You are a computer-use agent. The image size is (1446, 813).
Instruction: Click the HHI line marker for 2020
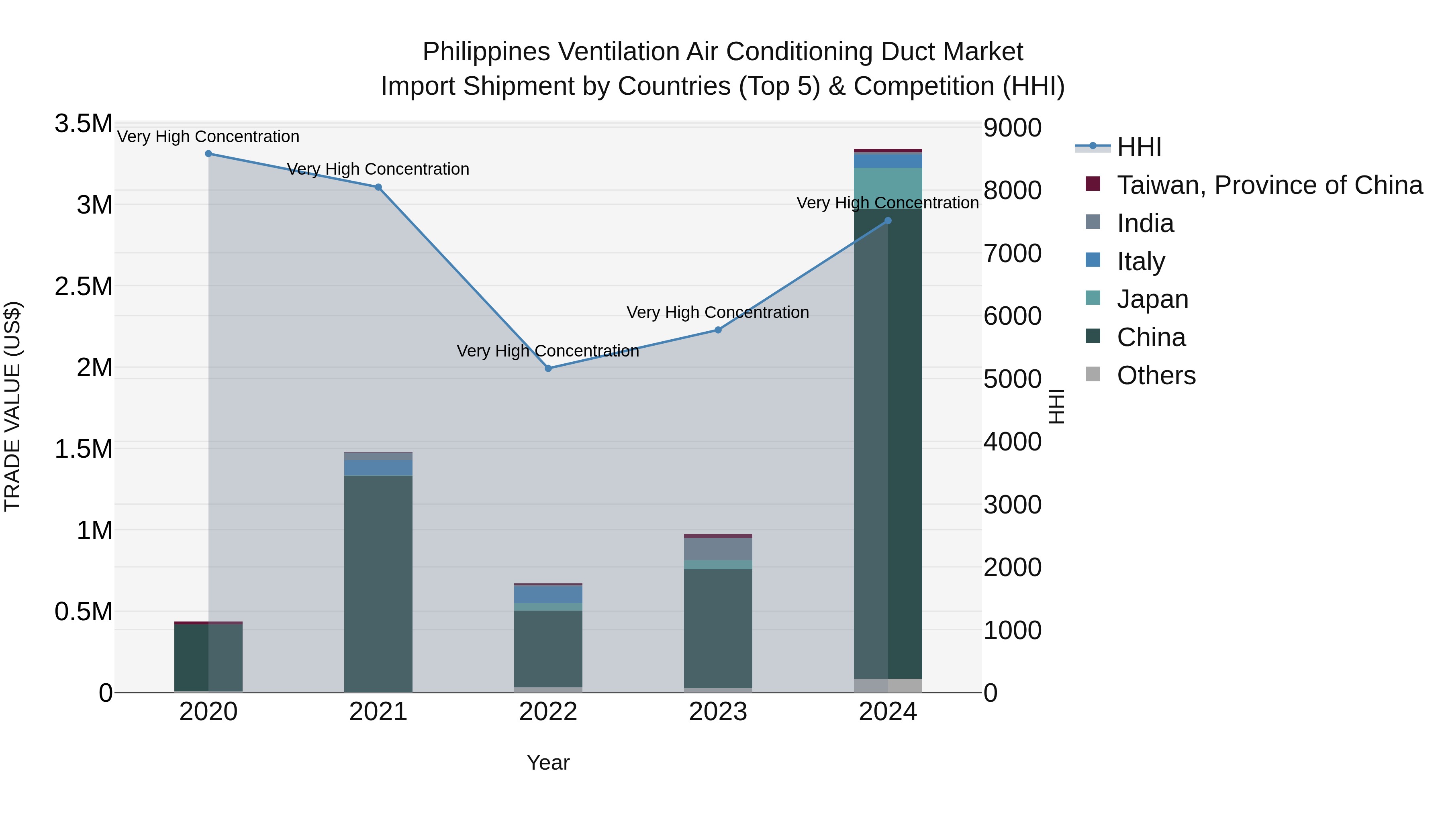pos(208,154)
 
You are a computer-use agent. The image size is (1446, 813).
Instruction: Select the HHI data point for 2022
pos(548,369)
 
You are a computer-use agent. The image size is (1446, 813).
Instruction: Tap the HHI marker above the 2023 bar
pos(718,330)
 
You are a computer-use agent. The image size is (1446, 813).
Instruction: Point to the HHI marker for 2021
pos(378,187)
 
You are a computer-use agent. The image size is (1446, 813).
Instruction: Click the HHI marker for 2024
pos(888,221)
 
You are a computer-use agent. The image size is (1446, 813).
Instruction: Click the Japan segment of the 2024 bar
pos(888,188)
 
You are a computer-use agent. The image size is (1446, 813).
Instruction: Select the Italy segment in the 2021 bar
pos(378,468)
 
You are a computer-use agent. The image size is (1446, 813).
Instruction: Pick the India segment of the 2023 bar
pos(718,549)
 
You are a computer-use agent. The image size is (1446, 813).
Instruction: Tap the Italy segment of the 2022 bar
pos(548,594)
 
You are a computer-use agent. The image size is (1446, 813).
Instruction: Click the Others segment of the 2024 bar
pos(888,686)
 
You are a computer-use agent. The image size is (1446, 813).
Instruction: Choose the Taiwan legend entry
pos(1268,185)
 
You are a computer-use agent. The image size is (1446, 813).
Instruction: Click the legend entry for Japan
pos(1152,299)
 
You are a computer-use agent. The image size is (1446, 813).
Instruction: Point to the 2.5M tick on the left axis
pos(84,287)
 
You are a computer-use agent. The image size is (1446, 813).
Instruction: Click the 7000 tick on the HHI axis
pos(1012,253)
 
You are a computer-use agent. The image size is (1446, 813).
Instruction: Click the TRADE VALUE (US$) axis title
pos(12,406)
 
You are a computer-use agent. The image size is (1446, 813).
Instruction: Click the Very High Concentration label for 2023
pos(717,312)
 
